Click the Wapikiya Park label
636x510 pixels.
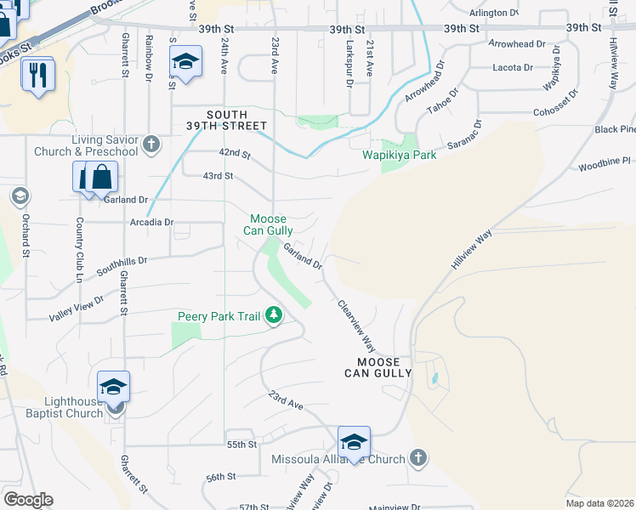point(399,156)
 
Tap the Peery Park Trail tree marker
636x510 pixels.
point(274,316)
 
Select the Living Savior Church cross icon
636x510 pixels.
point(152,142)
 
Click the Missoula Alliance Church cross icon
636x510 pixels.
point(417,458)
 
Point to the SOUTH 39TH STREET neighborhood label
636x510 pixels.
point(228,120)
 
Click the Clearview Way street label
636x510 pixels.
point(357,326)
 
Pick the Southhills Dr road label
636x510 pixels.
point(122,263)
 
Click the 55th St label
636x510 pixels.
point(241,445)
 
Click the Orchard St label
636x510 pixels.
point(26,241)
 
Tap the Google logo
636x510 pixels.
point(28,500)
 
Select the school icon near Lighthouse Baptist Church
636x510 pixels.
point(113,387)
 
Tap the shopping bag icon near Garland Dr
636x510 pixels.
point(101,177)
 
